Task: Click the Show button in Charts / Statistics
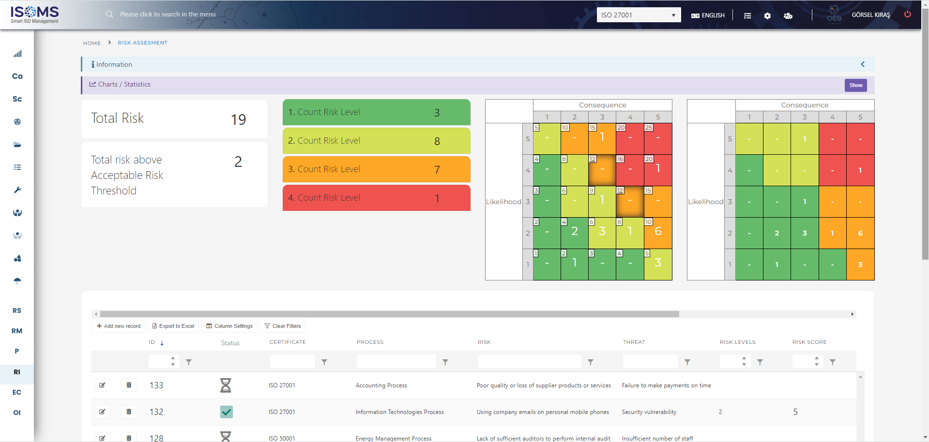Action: (855, 85)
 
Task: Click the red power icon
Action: (907, 14)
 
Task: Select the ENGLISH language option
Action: (708, 15)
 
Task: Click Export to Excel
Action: (173, 326)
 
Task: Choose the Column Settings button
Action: (229, 326)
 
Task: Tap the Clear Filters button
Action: (283, 326)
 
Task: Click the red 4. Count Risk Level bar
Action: (376, 198)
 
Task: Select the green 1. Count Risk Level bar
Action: (376, 112)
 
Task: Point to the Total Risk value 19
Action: (238, 119)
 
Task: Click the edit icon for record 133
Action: (102, 385)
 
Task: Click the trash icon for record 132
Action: (129, 412)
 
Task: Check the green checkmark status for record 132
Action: (226, 412)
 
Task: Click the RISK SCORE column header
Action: (809, 342)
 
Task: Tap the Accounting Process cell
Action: (381, 385)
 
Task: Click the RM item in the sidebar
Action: (17, 331)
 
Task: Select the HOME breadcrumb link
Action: (91, 43)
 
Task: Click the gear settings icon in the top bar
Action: (767, 16)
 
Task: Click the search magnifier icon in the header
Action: (109, 14)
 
